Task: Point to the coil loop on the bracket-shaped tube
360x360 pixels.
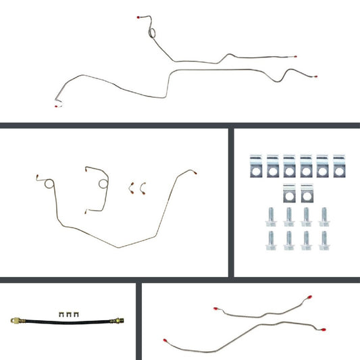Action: [x=102, y=183]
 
